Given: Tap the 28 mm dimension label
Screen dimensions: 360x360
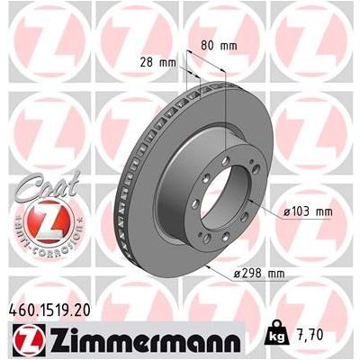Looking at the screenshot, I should click(160, 63).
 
